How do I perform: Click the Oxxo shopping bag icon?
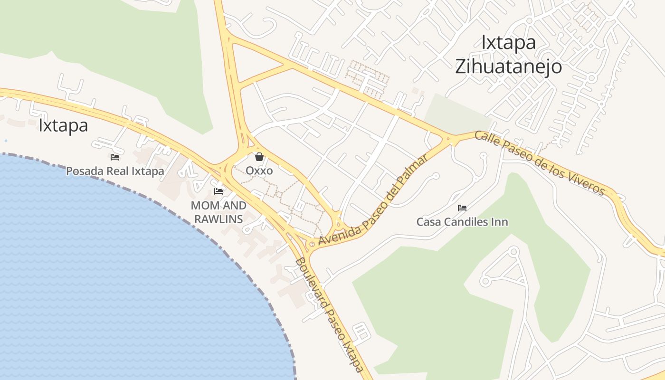pyautogui.click(x=259, y=157)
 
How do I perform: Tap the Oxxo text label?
pyautogui.click(x=259, y=170)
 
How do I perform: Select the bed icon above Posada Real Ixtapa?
pyautogui.click(x=115, y=157)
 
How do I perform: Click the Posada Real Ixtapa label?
pyautogui.click(x=115, y=171)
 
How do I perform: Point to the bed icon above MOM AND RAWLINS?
pyautogui.click(x=218, y=191)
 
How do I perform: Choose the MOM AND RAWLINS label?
pyautogui.click(x=218, y=212)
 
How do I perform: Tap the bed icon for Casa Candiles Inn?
pyautogui.click(x=462, y=208)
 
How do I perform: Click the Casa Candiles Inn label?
pyautogui.click(x=462, y=222)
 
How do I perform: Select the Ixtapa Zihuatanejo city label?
pyautogui.click(x=509, y=55)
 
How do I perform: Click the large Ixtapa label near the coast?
pyautogui.click(x=63, y=126)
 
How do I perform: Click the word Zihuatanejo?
pyautogui.click(x=509, y=67)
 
